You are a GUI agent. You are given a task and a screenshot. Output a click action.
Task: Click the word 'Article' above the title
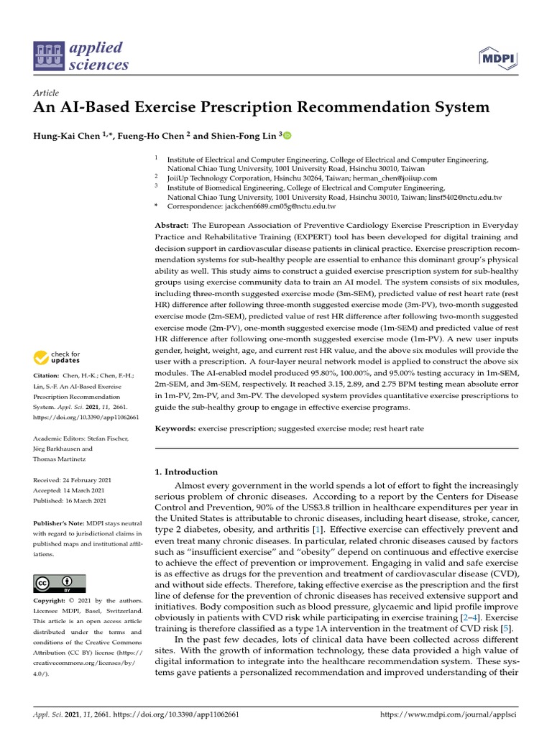46,93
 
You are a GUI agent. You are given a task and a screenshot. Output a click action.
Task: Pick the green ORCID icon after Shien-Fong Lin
287,135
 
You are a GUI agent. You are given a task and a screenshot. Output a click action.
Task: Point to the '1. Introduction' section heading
186,472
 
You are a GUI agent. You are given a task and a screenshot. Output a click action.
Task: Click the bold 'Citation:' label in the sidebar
48,376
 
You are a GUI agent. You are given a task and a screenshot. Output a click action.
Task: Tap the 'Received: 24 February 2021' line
70,479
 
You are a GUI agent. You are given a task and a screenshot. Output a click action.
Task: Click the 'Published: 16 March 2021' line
70,501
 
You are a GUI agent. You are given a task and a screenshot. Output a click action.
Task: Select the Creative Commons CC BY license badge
60,583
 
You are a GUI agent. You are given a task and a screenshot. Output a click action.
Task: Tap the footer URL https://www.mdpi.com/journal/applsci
448,716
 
